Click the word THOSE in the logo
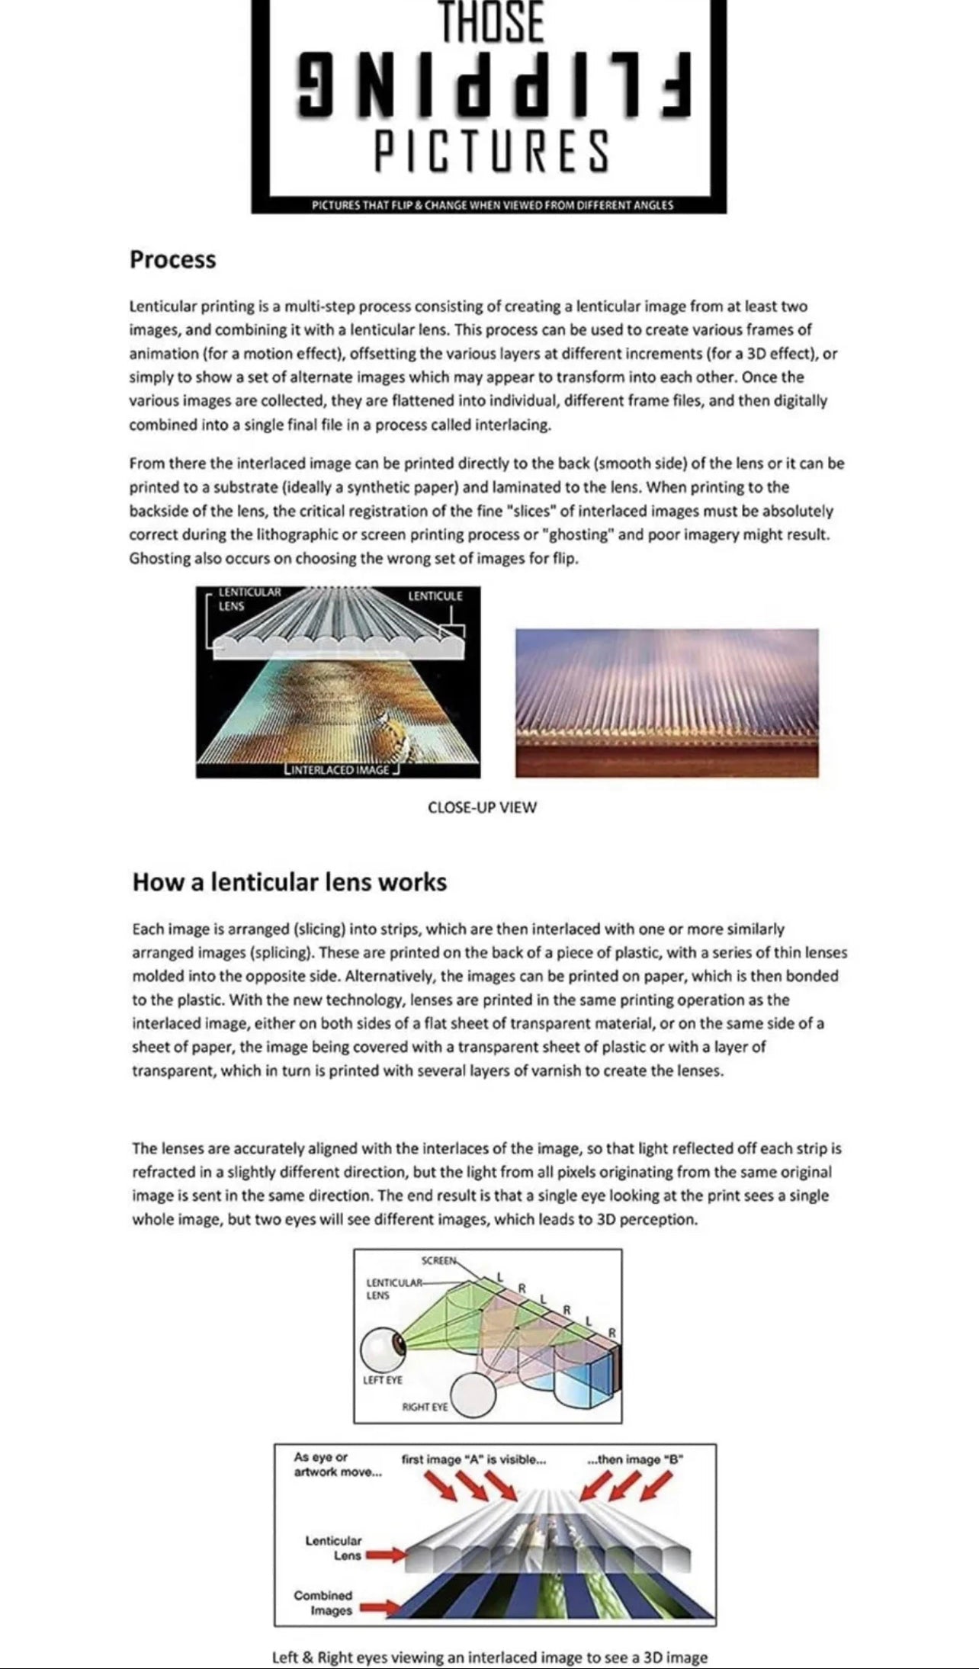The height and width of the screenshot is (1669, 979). (x=491, y=23)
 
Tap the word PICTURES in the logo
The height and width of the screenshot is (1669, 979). (x=491, y=150)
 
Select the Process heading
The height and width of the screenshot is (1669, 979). (x=172, y=259)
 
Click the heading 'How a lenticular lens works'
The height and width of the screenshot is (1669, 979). (x=289, y=882)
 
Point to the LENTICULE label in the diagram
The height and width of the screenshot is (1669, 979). (x=435, y=595)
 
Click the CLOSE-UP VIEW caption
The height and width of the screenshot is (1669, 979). (x=482, y=807)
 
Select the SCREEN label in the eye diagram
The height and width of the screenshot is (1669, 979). (x=438, y=1259)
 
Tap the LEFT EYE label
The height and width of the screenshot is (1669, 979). (x=383, y=1380)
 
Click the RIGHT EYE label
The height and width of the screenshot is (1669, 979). (x=425, y=1406)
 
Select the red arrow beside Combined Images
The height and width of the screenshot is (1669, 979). (x=377, y=1608)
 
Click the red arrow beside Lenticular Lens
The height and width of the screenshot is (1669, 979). (x=384, y=1555)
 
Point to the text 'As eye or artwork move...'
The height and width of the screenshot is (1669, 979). (x=338, y=1464)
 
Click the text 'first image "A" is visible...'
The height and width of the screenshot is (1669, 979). (x=473, y=1459)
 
